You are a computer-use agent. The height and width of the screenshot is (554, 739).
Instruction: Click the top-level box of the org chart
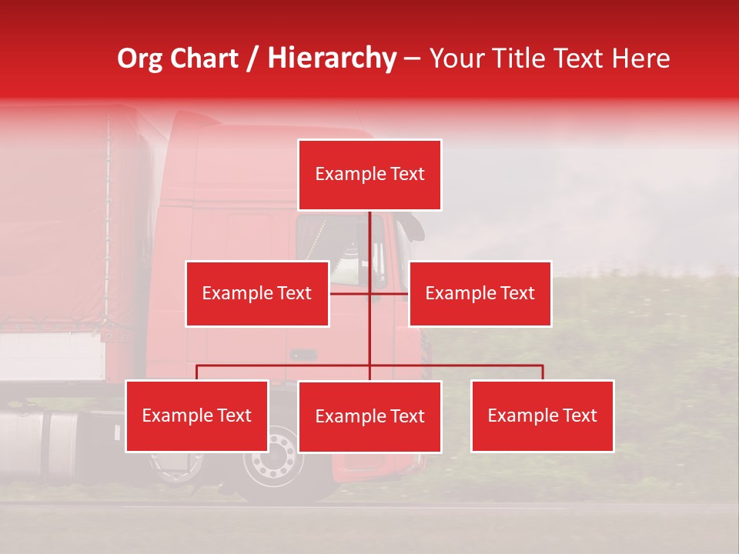point(369,175)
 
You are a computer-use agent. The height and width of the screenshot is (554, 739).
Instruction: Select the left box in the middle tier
point(257,293)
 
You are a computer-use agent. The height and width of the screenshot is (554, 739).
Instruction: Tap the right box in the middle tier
point(480,293)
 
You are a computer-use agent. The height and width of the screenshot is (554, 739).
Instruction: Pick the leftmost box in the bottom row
point(197,415)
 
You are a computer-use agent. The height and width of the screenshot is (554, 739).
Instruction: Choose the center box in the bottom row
point(369,416)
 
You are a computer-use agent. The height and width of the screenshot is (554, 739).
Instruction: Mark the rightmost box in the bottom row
point(542,415)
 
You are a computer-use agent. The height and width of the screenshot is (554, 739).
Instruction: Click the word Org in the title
point(140,58)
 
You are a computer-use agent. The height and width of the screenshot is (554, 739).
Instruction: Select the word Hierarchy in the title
point(332,58)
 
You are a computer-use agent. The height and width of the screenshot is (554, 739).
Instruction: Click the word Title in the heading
point(527,58)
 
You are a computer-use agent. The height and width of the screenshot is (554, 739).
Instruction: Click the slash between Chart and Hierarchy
point(253,59)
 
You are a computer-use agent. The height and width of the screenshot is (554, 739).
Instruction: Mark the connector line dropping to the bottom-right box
point(543,372)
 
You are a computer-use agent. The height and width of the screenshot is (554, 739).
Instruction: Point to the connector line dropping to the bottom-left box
point(197,372)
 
